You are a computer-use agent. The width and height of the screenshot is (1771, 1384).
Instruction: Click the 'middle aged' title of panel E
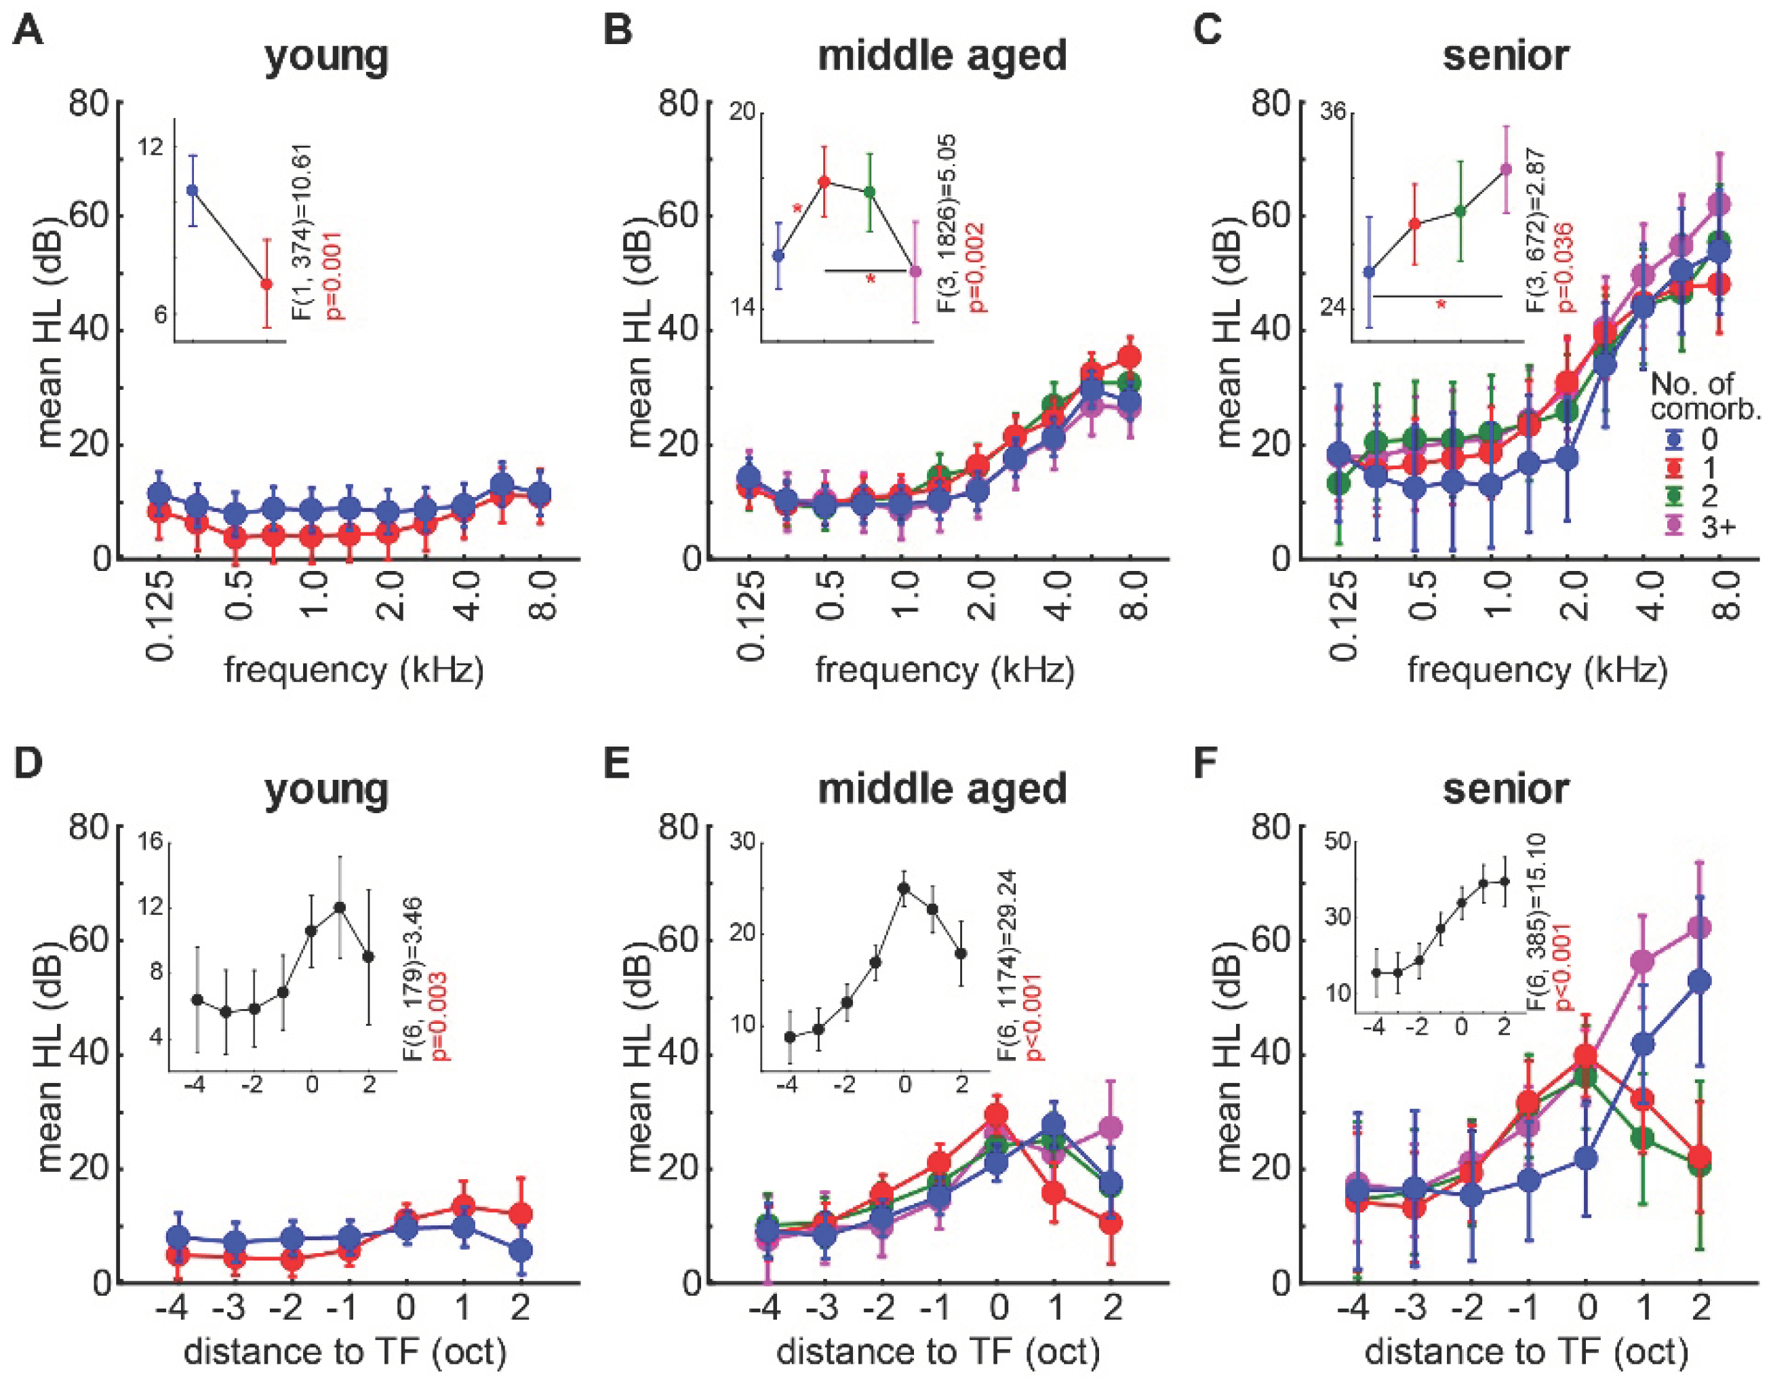tap(942, 789)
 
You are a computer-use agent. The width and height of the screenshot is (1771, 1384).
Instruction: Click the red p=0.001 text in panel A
tap(332, 276)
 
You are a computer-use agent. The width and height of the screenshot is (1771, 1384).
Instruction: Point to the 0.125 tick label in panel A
tap(161, 616)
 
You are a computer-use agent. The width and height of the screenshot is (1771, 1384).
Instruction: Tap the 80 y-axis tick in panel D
tap(91, 827)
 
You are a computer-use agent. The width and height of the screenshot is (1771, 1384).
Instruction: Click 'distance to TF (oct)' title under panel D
tap(344, 1352)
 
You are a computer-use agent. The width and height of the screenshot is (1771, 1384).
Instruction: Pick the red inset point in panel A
tap(266, 283)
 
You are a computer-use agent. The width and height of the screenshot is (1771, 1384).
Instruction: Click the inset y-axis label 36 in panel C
tap(1332, 112)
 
